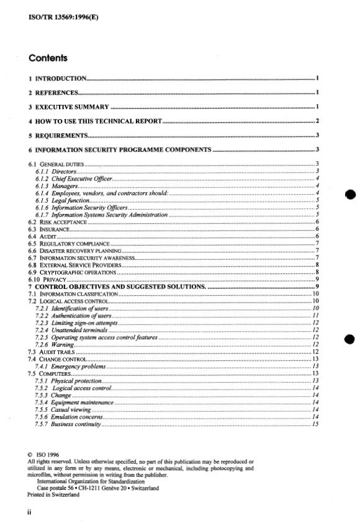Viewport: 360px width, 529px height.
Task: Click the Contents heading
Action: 48,59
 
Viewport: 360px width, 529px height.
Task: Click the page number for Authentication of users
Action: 316,316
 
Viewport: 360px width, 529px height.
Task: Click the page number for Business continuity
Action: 316,424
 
